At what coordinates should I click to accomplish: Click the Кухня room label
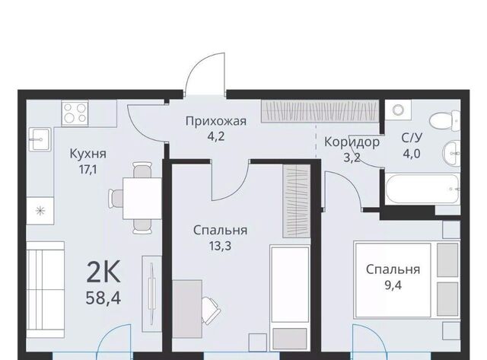pos(88,154)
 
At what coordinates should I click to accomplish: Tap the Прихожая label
pos(216,121)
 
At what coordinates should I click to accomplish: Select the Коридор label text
pos(352,142)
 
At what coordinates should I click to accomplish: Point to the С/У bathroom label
pos(412,138)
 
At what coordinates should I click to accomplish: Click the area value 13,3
pos(220,246)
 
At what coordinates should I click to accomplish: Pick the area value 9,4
pos(393,285)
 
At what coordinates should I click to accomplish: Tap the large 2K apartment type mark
pos(103,272)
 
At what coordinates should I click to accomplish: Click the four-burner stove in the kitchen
pos(75,113)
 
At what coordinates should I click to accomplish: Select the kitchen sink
pos(40,139)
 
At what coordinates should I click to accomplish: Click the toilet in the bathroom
pos(444,121)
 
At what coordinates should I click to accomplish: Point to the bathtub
pos(422,190)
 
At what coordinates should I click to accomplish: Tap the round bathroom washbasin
pos(451,153)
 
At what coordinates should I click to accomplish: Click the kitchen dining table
pos(142,198)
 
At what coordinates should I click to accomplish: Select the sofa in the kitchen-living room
pos(46,290)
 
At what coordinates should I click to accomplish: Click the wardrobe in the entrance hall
pos(320,111)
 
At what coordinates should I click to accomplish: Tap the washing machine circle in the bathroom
pos(397,110)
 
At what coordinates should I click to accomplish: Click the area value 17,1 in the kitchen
pos(88,170)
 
